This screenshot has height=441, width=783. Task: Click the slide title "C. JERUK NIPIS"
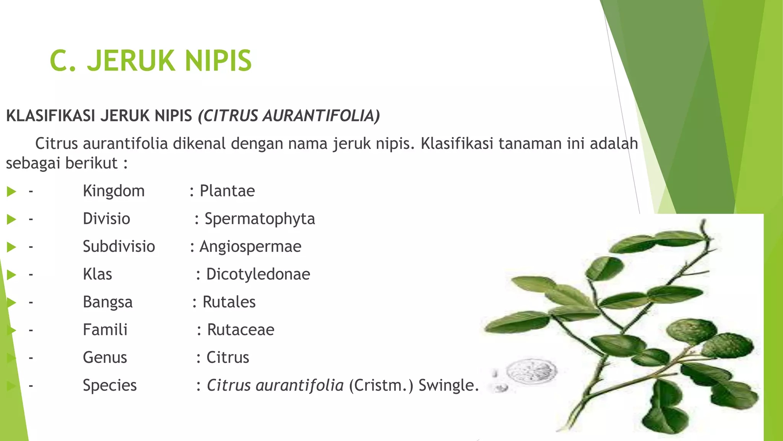(151, 60)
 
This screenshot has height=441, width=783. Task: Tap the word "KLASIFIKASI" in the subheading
(51, 116)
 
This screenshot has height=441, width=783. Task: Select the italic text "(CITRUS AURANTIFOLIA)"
(289, 116)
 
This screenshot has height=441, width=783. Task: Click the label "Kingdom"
(114, 191)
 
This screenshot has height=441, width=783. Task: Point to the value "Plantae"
(227, 191)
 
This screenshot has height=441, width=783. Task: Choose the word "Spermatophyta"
(260, 219)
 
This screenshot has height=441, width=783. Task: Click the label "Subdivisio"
(119, 247)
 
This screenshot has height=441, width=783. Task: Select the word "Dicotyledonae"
(258, 274)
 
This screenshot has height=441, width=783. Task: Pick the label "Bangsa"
(108, 302)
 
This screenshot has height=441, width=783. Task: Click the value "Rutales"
(229, 302)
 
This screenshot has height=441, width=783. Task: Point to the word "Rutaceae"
(240, 330)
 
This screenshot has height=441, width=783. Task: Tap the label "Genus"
(105, 358)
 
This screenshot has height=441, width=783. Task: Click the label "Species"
(110, 385)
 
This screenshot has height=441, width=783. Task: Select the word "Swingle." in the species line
(448, 385)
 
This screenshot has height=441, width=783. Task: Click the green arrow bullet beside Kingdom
(11, 191)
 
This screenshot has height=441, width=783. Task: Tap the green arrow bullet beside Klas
(11, 274)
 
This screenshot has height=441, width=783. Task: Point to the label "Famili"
(105, 330)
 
